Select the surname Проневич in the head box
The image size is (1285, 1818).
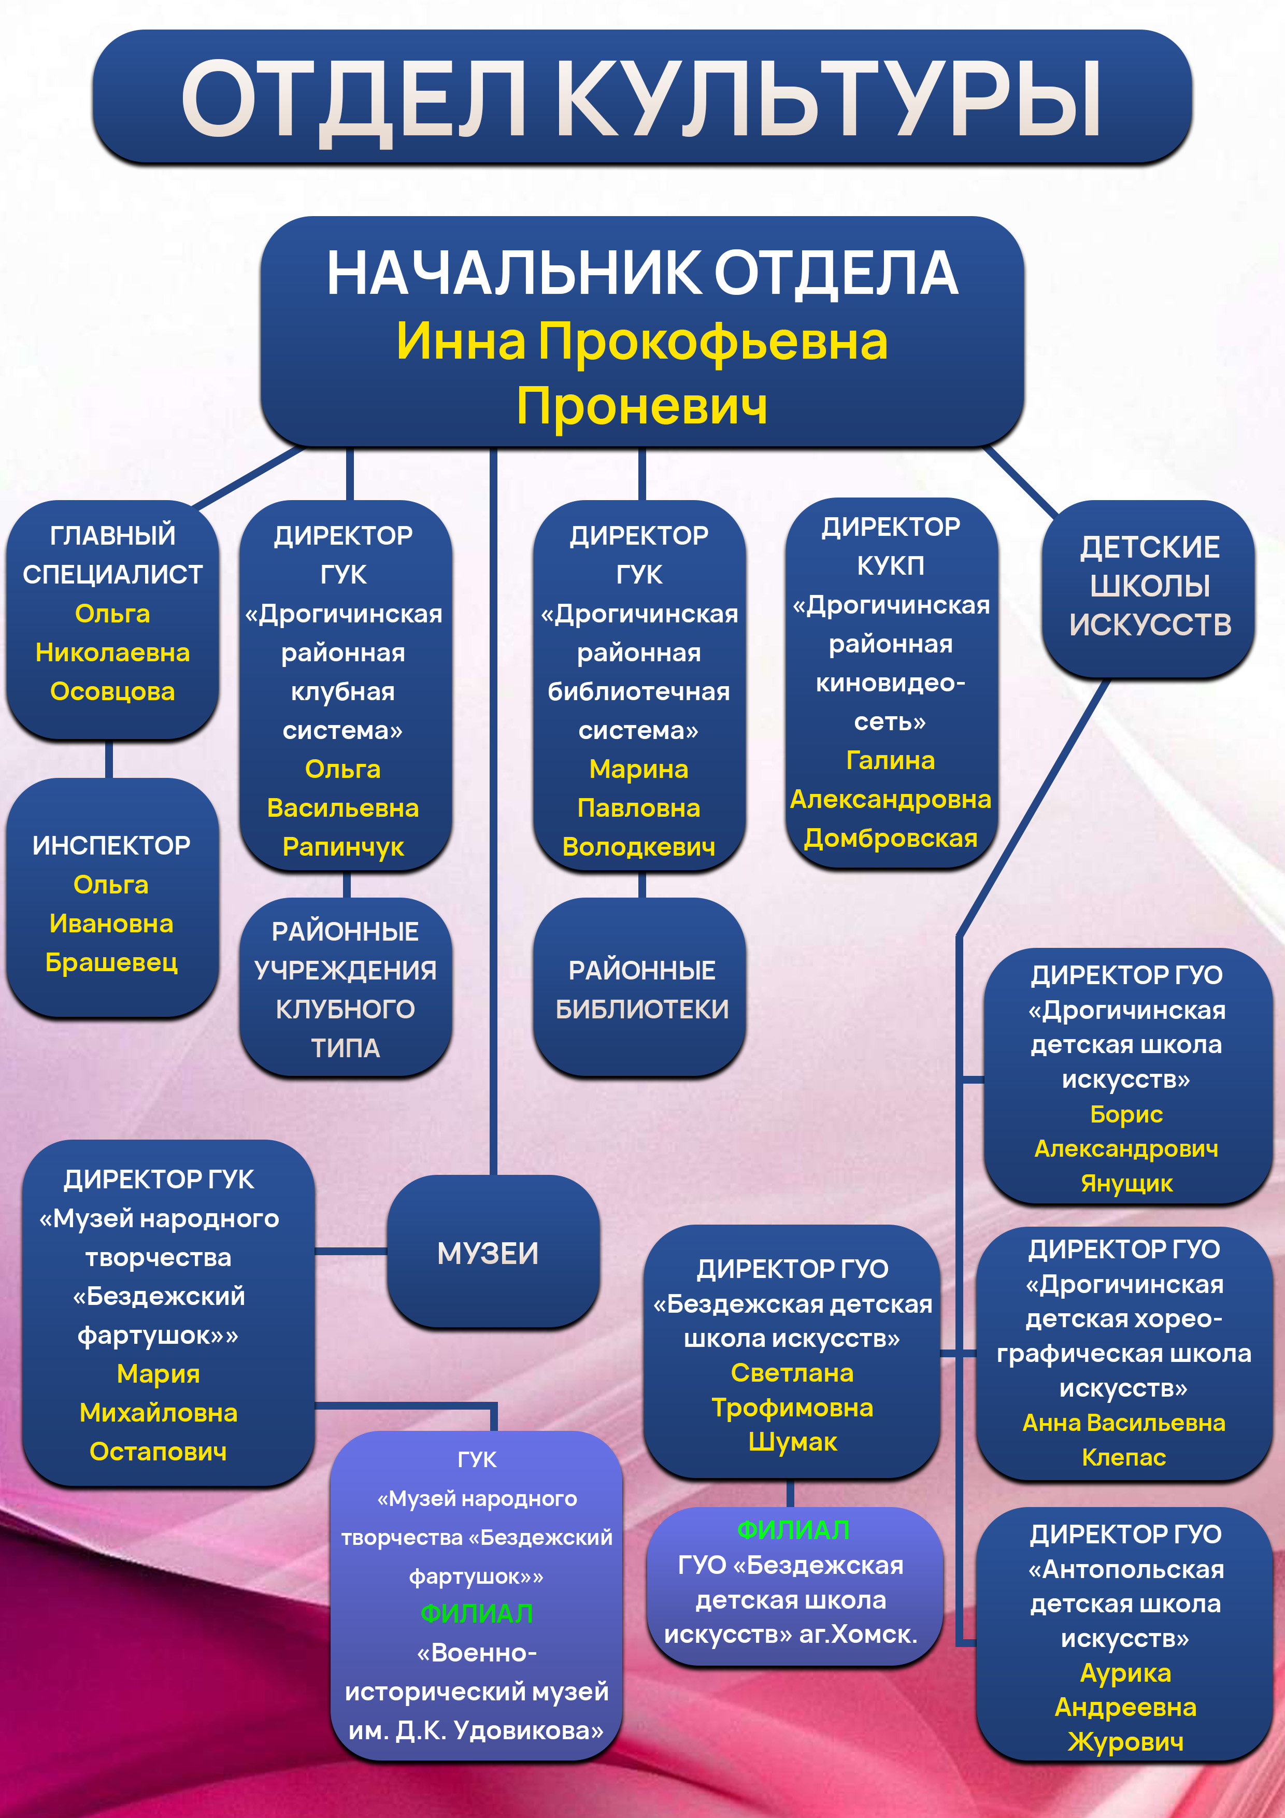click(641, 407)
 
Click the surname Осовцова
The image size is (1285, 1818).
click(112, 691)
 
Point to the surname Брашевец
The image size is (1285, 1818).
click(111, 962)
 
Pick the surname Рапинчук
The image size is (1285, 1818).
click(344, 846)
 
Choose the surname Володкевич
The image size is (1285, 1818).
click(639, 846)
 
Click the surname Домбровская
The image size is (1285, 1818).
click(891, 837)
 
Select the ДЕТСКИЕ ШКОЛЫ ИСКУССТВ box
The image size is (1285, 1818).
click(1150, 586)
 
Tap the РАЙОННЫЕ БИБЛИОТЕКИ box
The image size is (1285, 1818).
click(641, 989)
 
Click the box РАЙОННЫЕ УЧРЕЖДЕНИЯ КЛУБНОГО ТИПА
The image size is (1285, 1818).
click(345, 989)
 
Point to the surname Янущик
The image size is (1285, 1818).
click(1126, 1184)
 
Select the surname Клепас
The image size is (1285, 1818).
click(1123, 1457)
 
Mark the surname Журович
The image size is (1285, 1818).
click(1125, 1742)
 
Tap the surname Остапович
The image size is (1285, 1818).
click(159, 1452)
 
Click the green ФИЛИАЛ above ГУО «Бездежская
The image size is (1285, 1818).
click(793, 1530)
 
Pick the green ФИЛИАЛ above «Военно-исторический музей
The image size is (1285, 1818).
click(477, 1613)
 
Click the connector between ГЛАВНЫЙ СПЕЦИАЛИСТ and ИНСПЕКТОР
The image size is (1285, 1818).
click(109, 759)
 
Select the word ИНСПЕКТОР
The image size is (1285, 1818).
click(111, 846)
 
